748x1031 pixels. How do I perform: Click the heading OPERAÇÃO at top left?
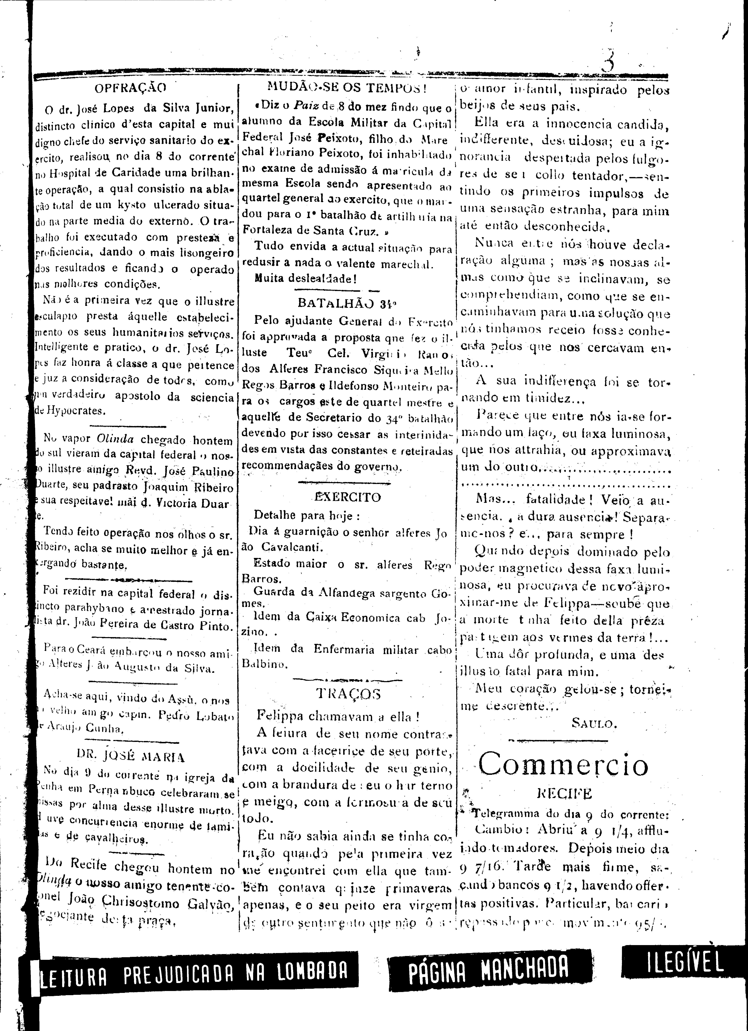point(130,88)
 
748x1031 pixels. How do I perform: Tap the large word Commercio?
point(563,765)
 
